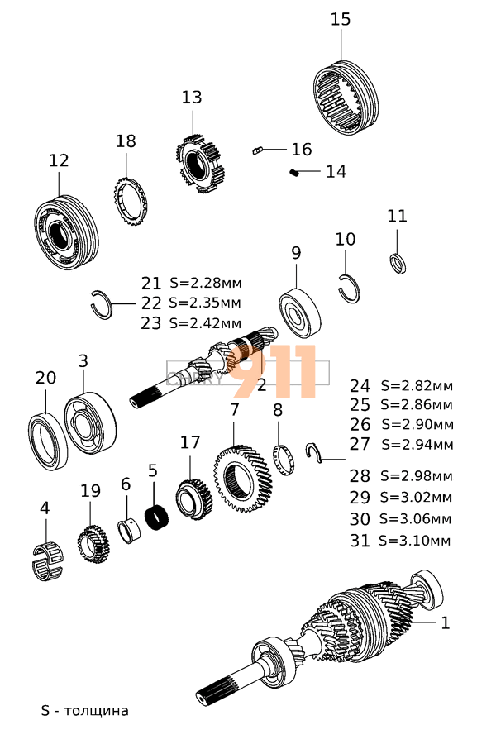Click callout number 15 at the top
pos(341,19)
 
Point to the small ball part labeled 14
pos(294,172)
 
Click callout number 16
pos(302,150)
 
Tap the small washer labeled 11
pos(398,263)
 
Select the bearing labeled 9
pos(301,312)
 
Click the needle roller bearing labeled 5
pos(157,518)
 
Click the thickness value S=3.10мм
pos(414,541)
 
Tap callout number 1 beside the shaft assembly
pos(445,622)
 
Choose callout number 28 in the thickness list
pos(360,476)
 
